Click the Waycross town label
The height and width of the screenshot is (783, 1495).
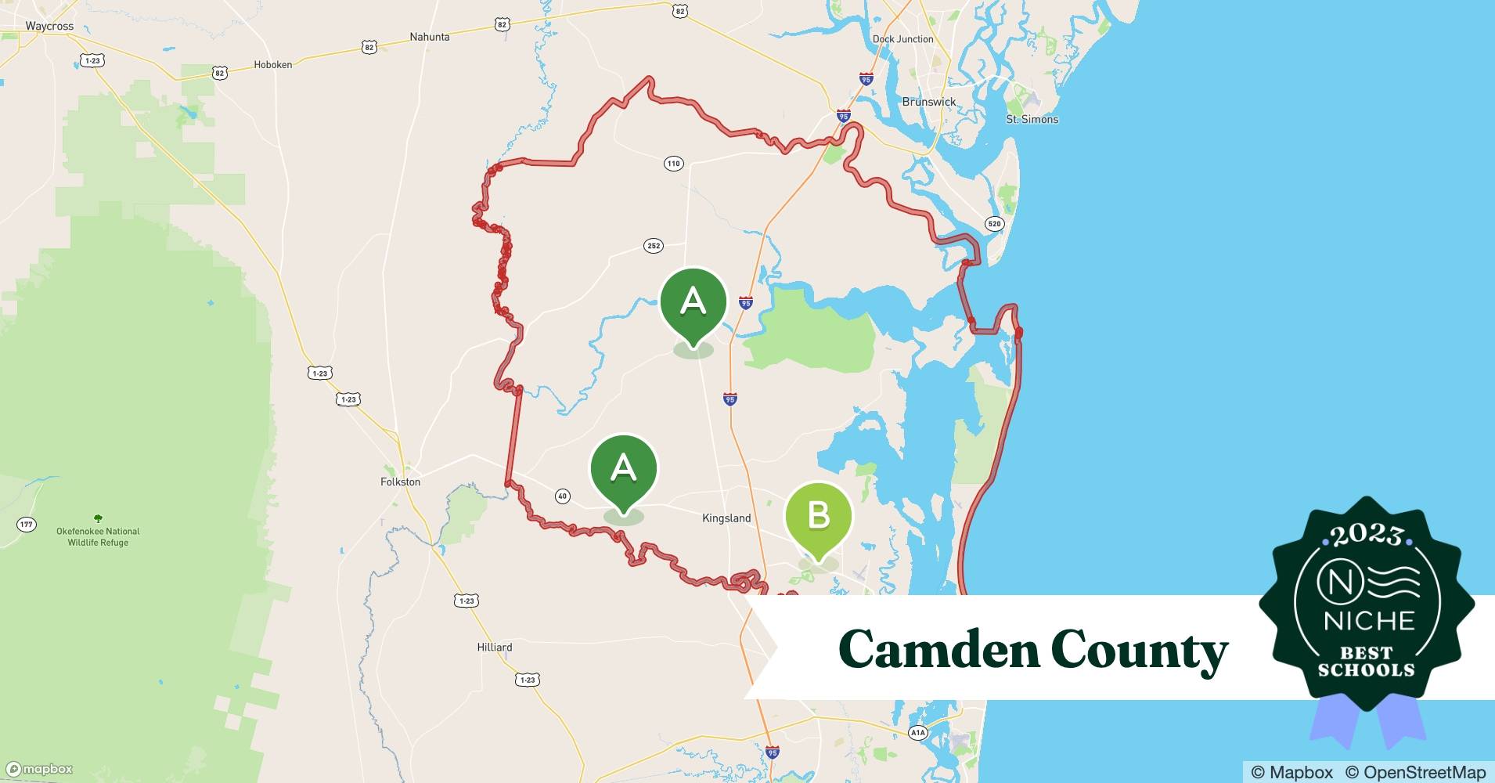point(49,26)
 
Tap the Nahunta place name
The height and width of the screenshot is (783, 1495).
point(430,37)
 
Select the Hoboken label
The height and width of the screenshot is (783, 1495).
point(272,65)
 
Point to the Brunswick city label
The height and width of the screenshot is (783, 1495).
point(929,102)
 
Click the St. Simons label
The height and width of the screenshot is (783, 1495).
point(1032,119)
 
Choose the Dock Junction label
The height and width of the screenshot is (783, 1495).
point(902,39)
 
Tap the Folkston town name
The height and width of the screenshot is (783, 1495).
point(400,482)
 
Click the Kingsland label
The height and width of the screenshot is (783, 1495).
point(726,518)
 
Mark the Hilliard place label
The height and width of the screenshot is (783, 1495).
point(495,647)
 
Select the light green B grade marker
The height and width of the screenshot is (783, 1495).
point(818,517)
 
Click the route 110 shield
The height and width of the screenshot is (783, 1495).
point(674,164)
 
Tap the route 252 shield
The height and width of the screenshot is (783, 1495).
point(654,246)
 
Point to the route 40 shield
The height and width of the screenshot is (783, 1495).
point(562,496)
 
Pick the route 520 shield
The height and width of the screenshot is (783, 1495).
point(994,224)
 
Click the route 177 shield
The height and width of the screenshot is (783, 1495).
point(27,524)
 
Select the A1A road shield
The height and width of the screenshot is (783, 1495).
point(917,733)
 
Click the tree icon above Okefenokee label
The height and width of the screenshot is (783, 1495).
point(98,518)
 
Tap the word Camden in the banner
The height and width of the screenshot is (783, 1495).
point(937,650)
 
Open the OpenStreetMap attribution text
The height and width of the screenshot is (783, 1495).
point(1415,772)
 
